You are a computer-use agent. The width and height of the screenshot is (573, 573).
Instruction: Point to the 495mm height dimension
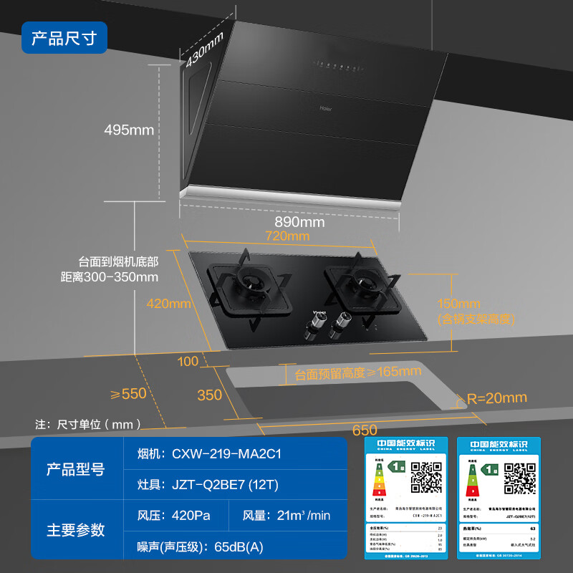click(x=129, y=130)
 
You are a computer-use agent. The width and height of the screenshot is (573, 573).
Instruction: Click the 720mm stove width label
click(x=287, y=236)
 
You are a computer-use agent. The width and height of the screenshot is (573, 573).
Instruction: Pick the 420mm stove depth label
click(x=169, y=303)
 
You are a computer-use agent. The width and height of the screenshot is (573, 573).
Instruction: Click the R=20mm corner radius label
click(x=496, y=398)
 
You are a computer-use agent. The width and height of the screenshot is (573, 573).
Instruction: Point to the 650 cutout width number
click(x=365, y=430)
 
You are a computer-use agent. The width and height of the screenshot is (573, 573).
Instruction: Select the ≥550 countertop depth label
click(x=128, y=393)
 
